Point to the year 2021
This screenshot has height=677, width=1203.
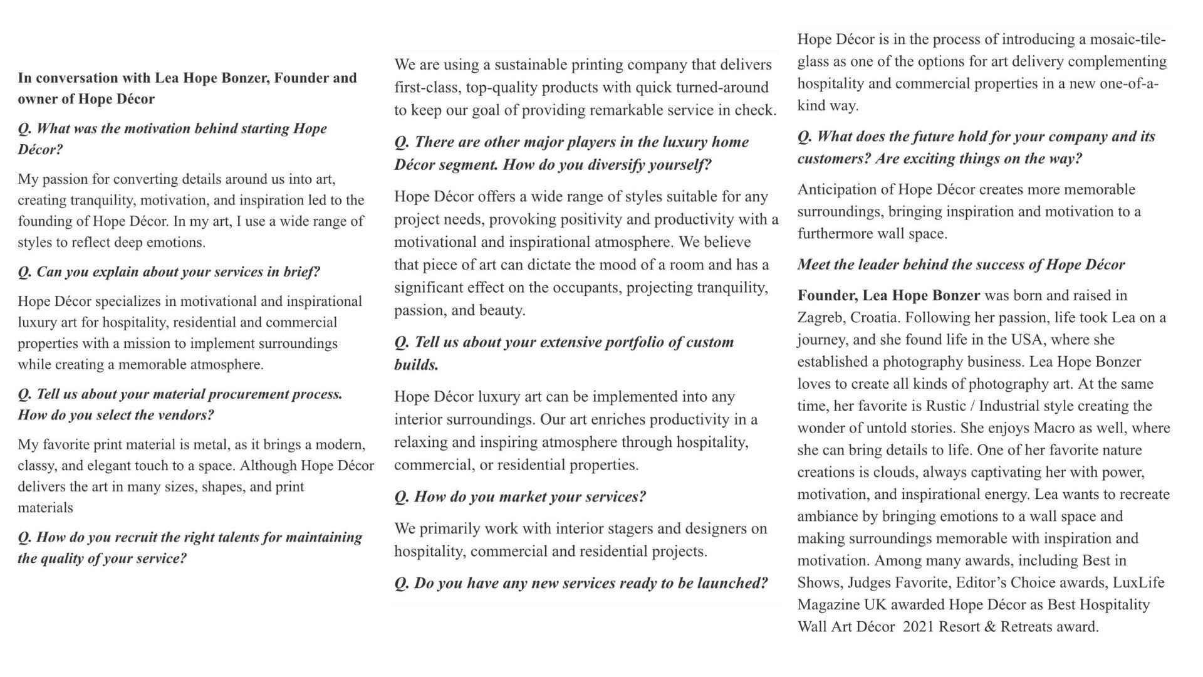click(x=922, y=627)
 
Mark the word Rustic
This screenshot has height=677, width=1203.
click(x=947, y=406)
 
